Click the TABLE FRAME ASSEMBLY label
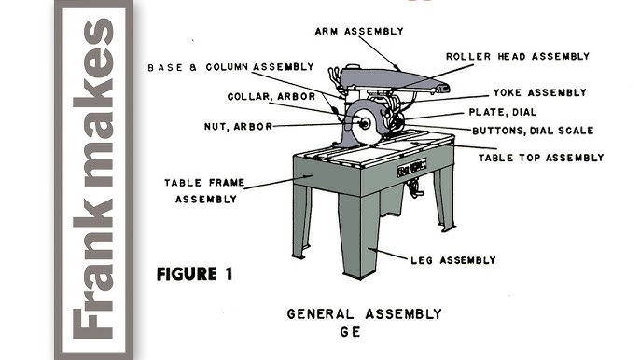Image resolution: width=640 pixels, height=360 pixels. click(201, 190)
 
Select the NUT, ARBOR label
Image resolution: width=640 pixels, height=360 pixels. click(239, 126)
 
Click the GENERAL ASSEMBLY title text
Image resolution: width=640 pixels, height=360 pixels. click(364, 313)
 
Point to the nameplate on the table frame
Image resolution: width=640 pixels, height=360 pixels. click(410, 170)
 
